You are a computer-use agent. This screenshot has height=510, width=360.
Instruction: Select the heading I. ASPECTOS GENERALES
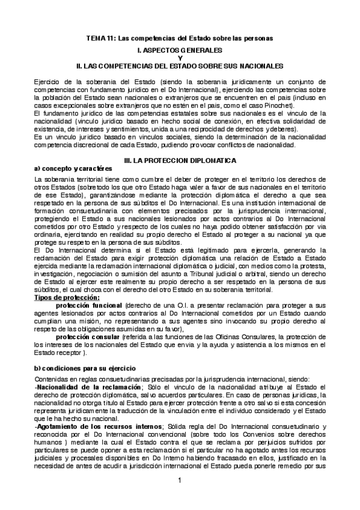click(x=180, y=49)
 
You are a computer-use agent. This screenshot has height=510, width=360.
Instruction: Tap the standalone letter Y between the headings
click(x=180, y=57)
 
